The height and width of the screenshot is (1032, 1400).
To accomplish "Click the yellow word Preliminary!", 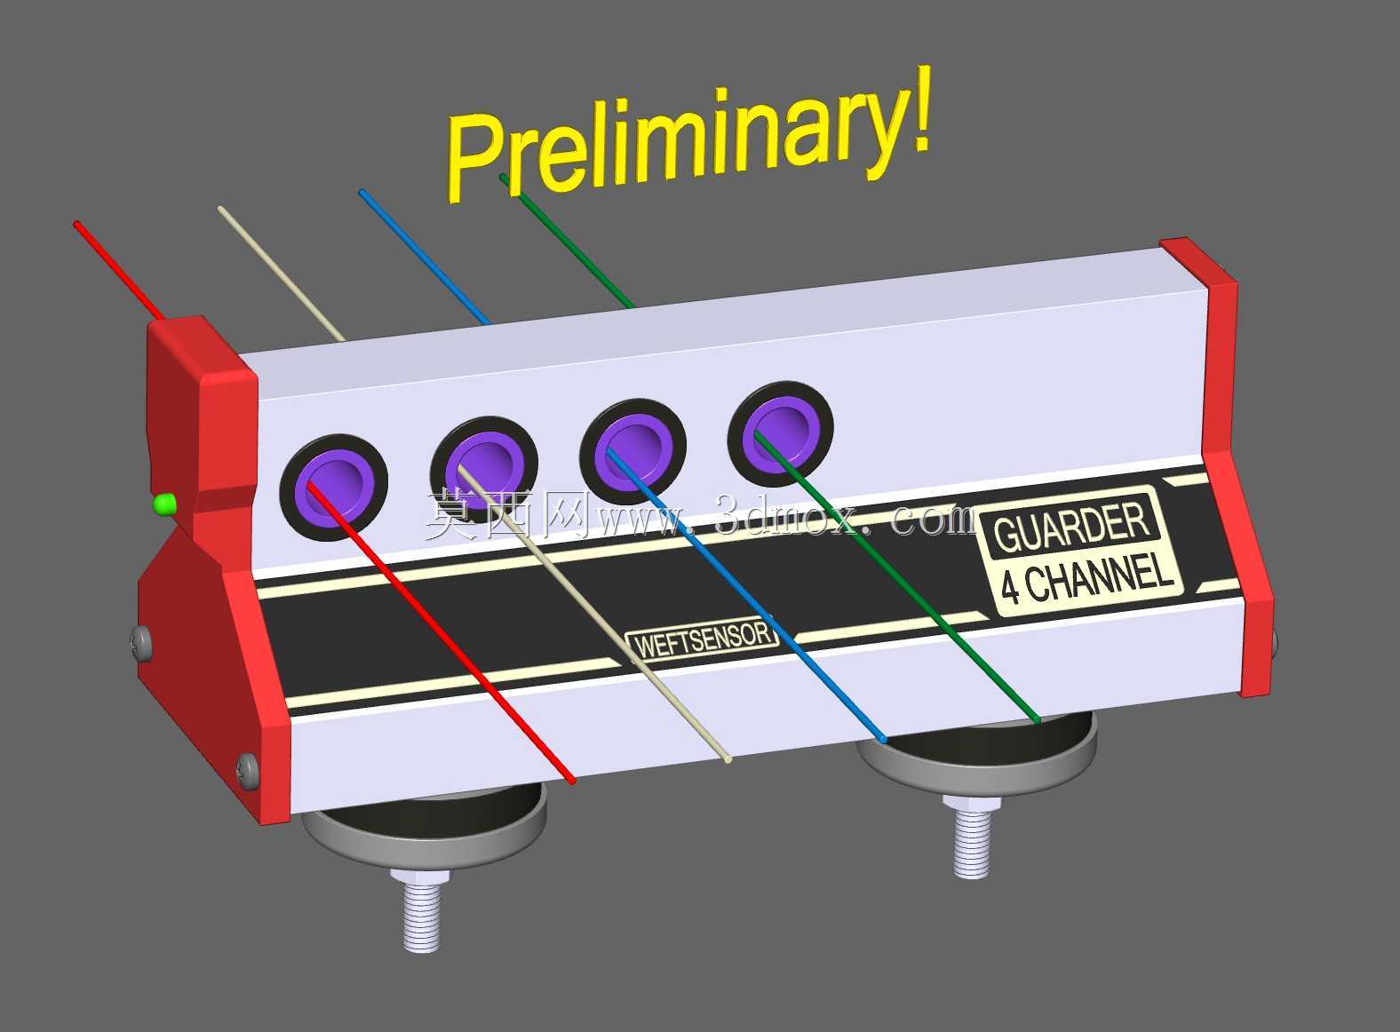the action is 688,134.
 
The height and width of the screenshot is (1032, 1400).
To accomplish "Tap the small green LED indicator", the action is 164,504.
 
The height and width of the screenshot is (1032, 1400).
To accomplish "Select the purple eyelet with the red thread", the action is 334,488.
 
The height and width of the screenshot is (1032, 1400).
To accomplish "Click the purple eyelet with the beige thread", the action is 484,470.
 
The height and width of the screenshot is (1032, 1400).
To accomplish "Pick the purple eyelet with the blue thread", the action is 632,451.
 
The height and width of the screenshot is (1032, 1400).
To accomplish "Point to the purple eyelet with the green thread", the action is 780,433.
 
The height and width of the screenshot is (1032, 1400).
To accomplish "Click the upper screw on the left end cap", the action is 142,643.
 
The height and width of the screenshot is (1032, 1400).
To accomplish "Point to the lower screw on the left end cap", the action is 248,770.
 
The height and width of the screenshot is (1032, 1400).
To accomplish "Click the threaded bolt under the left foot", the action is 421,909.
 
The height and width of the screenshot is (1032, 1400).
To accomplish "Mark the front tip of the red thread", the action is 572,781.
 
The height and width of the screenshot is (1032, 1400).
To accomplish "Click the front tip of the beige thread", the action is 728,759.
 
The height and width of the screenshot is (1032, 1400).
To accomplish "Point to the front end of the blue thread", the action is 883,741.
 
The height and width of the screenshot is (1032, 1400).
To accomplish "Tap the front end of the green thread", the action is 1038,721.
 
